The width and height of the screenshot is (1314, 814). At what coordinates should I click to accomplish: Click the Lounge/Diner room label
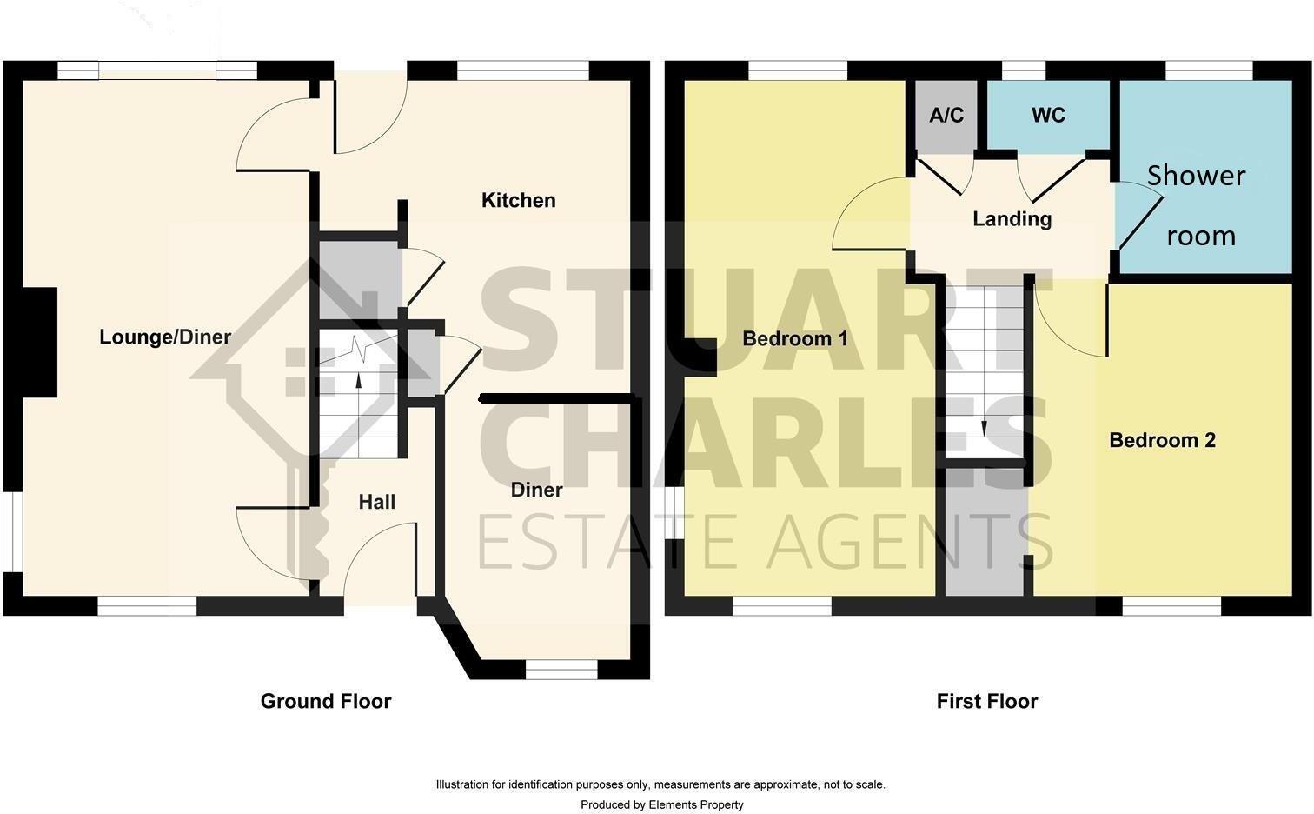(x=165, y=337)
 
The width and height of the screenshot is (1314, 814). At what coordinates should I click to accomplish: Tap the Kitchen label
(x=518, y=201)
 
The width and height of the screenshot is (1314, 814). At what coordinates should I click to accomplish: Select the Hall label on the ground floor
(x=376, y=502)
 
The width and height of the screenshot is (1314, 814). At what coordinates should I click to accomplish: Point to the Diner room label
(x=536, y=490)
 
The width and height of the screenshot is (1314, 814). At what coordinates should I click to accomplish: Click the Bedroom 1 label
(x=794, y=339)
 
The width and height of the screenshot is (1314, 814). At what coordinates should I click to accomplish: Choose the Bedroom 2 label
(x=1162, y=441)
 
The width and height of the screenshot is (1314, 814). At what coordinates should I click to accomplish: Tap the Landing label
(x=1012, y=219)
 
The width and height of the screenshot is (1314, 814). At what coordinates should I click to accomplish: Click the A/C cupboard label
(x=946, y=116)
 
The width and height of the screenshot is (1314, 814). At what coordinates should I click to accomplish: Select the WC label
(x=1048, y=116)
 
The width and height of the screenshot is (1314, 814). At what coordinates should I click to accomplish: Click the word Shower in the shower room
(x=1196, y=176)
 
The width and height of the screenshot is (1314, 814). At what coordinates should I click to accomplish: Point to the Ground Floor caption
(x=326, y=701)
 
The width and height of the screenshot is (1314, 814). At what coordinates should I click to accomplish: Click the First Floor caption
(x=987, y=701)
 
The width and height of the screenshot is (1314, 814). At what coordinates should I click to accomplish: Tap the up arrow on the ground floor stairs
(x=358, y=379)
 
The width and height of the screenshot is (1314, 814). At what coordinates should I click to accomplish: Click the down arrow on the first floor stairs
(x=984, y=427)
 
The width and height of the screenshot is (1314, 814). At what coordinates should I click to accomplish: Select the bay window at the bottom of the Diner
(x=561, y=669)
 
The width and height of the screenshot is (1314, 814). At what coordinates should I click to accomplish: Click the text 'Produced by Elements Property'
(x=661, y=804)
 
